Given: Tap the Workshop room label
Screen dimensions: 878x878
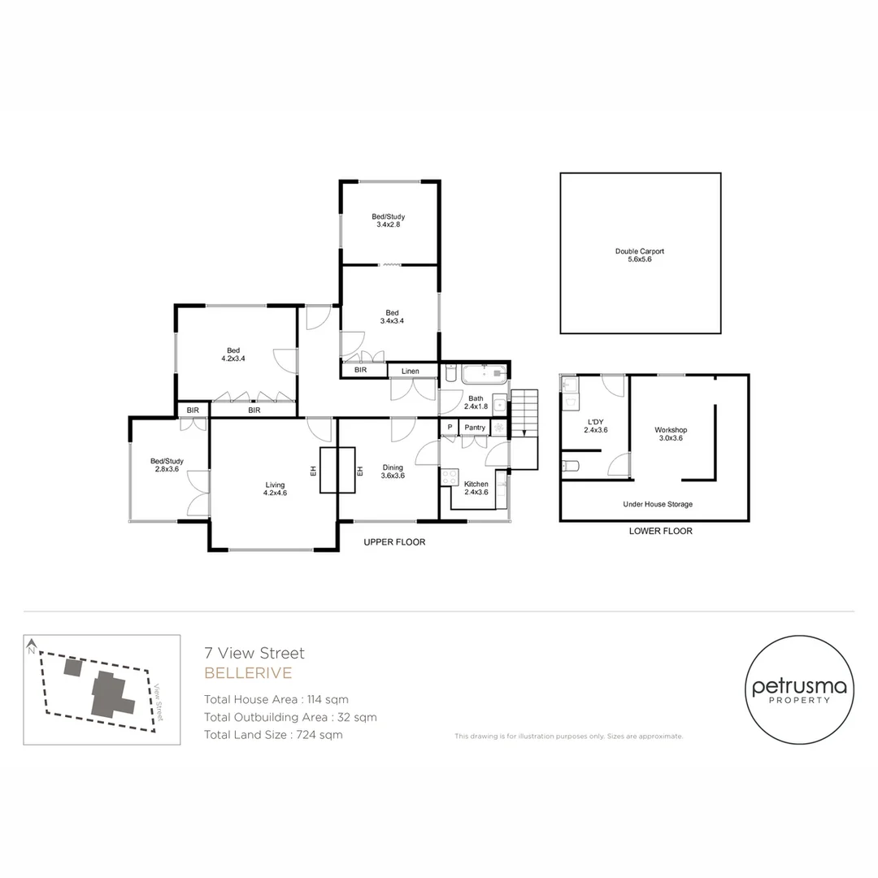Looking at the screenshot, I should point(671,433).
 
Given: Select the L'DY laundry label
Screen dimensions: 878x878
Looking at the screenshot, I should point(596,425).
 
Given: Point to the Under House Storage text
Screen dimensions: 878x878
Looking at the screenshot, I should point(658,504).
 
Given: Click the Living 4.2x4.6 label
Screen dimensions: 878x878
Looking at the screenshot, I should point(275,489).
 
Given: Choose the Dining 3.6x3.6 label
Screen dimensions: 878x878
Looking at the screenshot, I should point(393,472).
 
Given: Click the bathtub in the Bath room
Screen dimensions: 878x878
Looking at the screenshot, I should point(484,375).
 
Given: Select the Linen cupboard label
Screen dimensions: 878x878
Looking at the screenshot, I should point(410,372).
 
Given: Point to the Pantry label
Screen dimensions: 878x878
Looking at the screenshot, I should point(474,428).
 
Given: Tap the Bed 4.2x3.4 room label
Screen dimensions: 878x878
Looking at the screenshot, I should point(233,354).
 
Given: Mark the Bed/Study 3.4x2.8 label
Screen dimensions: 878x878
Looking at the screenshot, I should point(389,220).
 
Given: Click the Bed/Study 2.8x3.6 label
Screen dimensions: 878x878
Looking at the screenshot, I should point(169,465).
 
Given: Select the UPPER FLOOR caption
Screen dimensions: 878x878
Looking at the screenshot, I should point(394,542).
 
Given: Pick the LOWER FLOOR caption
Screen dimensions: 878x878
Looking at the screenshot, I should point(660,531).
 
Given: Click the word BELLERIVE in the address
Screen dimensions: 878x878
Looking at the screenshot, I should point(248,673).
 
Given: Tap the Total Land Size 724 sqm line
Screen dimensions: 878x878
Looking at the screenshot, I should point(273,735).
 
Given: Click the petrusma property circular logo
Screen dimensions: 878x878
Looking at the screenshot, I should point(798,691).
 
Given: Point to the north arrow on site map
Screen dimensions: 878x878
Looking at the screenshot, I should point(31,648).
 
